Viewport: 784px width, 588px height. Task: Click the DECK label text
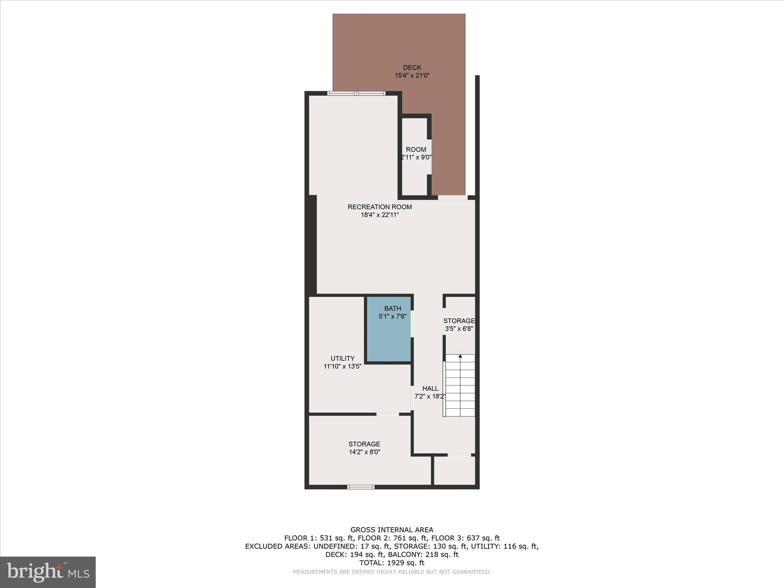[x=412, y=68]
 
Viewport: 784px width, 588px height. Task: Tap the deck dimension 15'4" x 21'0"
[x=412, y=76]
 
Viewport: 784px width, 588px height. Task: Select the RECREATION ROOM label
[x=379, y=207]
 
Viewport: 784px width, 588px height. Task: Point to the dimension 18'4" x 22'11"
[x=379, y=215]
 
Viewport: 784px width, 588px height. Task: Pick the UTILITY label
[x=342, y=359]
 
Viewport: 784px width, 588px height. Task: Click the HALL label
[x=430, y=389]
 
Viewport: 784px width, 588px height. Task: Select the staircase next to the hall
[x=460, y=387]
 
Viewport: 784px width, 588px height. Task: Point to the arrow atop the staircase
[x=460, y=356]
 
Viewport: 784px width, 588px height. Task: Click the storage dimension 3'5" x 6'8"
[x=459, y=329]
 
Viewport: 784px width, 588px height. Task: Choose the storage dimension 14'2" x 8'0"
[x=364, y=452]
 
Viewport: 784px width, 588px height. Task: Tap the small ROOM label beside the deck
[x=416, y=150]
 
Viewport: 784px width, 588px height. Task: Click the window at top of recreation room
[x=356, y=93]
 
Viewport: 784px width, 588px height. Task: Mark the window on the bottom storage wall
[x=361, y=487]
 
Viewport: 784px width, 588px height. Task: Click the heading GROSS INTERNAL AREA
[x=392, y=530]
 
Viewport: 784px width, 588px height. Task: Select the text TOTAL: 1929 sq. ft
[x=392, y=563]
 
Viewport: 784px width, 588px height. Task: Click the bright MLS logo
[x=48, y=572]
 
